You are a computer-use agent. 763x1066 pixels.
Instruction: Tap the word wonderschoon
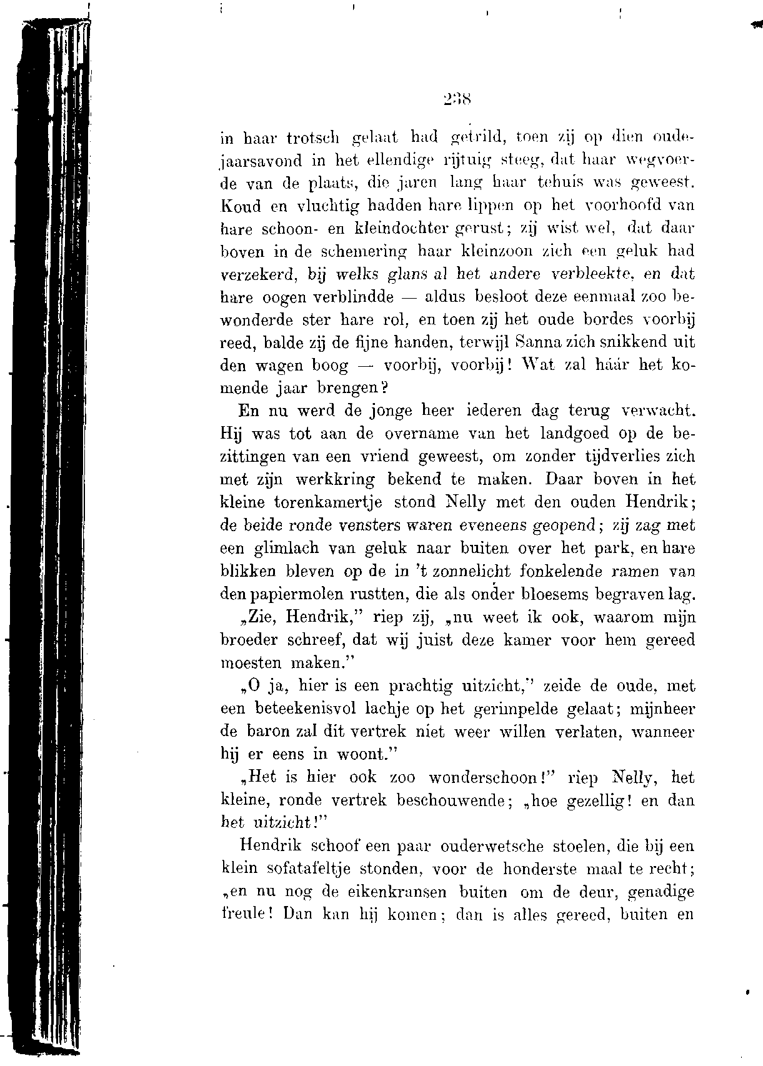(x=484, y=778)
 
